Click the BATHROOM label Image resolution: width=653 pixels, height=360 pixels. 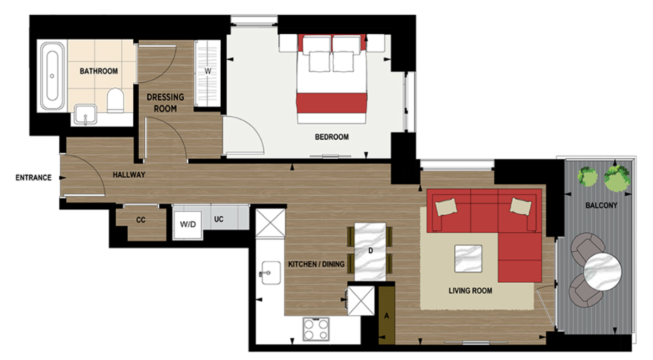tap(99, 71)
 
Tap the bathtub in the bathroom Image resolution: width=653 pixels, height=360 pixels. tap(52, 76)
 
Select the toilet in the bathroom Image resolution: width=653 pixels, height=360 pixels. tap(115, 101)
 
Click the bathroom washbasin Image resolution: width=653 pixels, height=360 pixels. tap(85, 115)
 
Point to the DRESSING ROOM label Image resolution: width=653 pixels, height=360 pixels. tap(166, 103)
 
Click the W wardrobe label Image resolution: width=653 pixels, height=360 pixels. tap(207, 71)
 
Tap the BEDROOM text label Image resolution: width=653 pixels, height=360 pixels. tap(332, 137)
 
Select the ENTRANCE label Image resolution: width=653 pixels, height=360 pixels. tap(33, 178)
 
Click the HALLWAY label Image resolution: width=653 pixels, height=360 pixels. tap(129, 175)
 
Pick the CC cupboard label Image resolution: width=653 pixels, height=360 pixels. tap(140, 220)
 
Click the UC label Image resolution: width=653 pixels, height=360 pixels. tap(219, 220)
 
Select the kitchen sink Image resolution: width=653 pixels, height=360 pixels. tap(269, 270)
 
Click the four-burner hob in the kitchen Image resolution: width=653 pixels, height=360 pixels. tap(316, 328)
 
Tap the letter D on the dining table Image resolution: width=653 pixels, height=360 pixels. tap(370, 251)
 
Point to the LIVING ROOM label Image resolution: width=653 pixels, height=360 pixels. tap(470, 291)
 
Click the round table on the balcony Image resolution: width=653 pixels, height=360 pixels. tap(602, 270)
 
